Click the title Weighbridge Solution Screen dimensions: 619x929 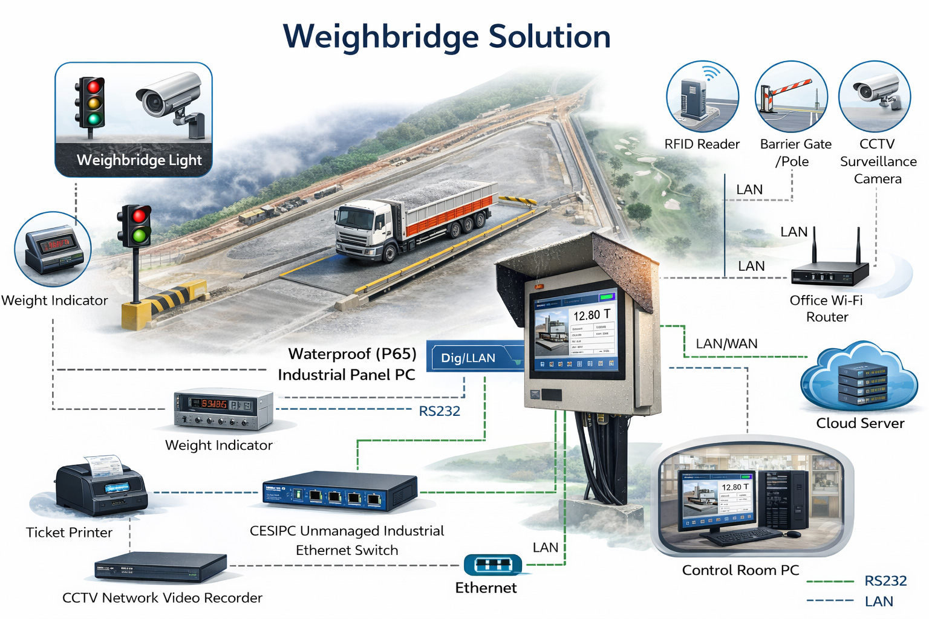(x=447, y=36)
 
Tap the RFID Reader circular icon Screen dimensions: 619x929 (x=702, y=96)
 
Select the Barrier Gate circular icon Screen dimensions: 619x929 (x=791, y=97)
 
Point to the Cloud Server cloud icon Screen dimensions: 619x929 (x=859, y=378)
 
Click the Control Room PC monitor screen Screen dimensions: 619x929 (x=717, y=499)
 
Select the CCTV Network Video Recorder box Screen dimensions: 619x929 (x=161, y=568)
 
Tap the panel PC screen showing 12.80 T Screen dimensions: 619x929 (x=577, y=330)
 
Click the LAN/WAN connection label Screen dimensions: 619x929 (x=726, y=344)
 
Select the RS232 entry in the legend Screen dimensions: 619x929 (x=885, y=581)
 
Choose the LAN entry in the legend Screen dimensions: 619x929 (x=878, y=601)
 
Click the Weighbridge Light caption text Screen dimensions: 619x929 (x=139, y=160)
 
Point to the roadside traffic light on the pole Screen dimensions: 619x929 (x=134, y=225)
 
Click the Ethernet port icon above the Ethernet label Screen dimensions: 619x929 (x=492, y=565)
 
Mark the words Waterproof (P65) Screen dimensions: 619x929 (x=352, y=354)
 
